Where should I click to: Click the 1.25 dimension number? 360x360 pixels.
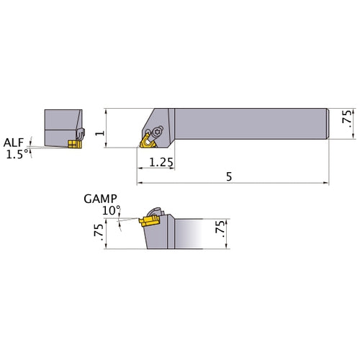click(161, 163)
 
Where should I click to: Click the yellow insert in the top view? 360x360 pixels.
click(147, 142)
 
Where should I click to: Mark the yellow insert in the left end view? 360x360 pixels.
click(73, 144)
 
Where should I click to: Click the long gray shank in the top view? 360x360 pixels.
click(252, 125)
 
